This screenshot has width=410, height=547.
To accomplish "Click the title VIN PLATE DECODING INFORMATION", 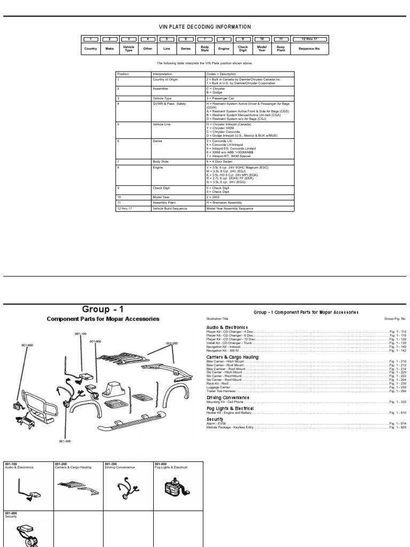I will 205,27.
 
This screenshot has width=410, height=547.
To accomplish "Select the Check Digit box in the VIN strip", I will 243,48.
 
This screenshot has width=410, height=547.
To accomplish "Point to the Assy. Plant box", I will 281,48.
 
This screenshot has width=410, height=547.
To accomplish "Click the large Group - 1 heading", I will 102,309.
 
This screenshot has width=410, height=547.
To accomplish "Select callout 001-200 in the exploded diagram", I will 171,343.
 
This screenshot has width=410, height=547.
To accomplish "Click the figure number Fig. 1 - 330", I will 397,402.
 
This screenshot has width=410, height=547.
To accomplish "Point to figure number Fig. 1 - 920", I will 397,427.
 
